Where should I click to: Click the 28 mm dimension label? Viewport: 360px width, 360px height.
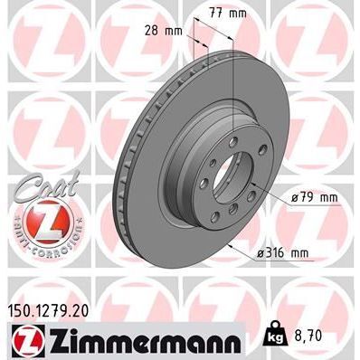tap(163, 30)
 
